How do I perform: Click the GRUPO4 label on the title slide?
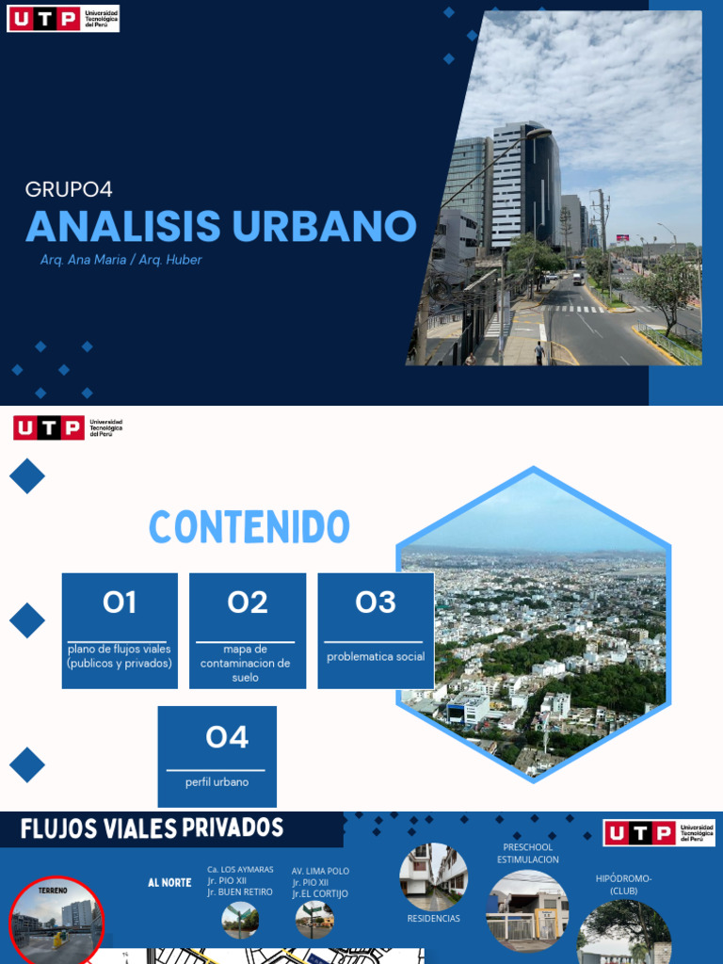pos(69,189)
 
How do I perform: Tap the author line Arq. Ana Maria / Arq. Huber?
pos(120,260)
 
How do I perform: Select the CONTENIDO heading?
pos(249,527)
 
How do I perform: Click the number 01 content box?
pos(120,602)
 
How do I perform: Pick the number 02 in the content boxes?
pos(248,602)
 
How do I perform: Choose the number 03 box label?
pos(376,602)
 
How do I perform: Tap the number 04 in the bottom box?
pos(227,737)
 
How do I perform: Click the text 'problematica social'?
pos(376,656)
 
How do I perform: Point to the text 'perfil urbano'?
pos(217,781)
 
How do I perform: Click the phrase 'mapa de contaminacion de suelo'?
pos(245,663)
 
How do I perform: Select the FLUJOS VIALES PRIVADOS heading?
pos(152,828)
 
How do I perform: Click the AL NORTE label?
pos(169,883)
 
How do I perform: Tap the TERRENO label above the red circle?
pos(53,889)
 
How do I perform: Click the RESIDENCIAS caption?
pos(433,918)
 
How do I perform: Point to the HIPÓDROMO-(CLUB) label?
pos(623,884)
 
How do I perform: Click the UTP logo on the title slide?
pos(63,18)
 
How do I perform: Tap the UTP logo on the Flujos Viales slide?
pos(659,833)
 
